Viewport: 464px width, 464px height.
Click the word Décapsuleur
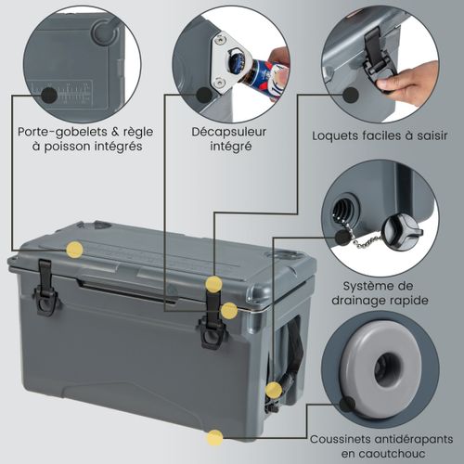(x=229, y=132)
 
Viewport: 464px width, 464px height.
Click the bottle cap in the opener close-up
(x=237, y=58)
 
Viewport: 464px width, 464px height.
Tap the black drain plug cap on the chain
(x=401, y=233)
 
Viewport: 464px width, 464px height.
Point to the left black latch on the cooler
(x=45, y=288)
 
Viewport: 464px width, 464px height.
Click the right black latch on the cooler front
(x=213, y=318)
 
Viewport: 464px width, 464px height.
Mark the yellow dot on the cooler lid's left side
(x=75, y=250)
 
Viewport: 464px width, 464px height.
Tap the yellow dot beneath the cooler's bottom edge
(x=214, y=438)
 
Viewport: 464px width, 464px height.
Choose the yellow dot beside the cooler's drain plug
(x=274, y=390)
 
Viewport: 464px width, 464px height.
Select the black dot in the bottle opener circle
(x=205, y=95)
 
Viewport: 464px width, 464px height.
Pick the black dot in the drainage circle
(x=342, y=237)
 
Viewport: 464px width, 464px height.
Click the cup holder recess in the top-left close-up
(x=103, y=31)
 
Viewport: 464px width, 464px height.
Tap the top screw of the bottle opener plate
(x=220, y=39)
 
